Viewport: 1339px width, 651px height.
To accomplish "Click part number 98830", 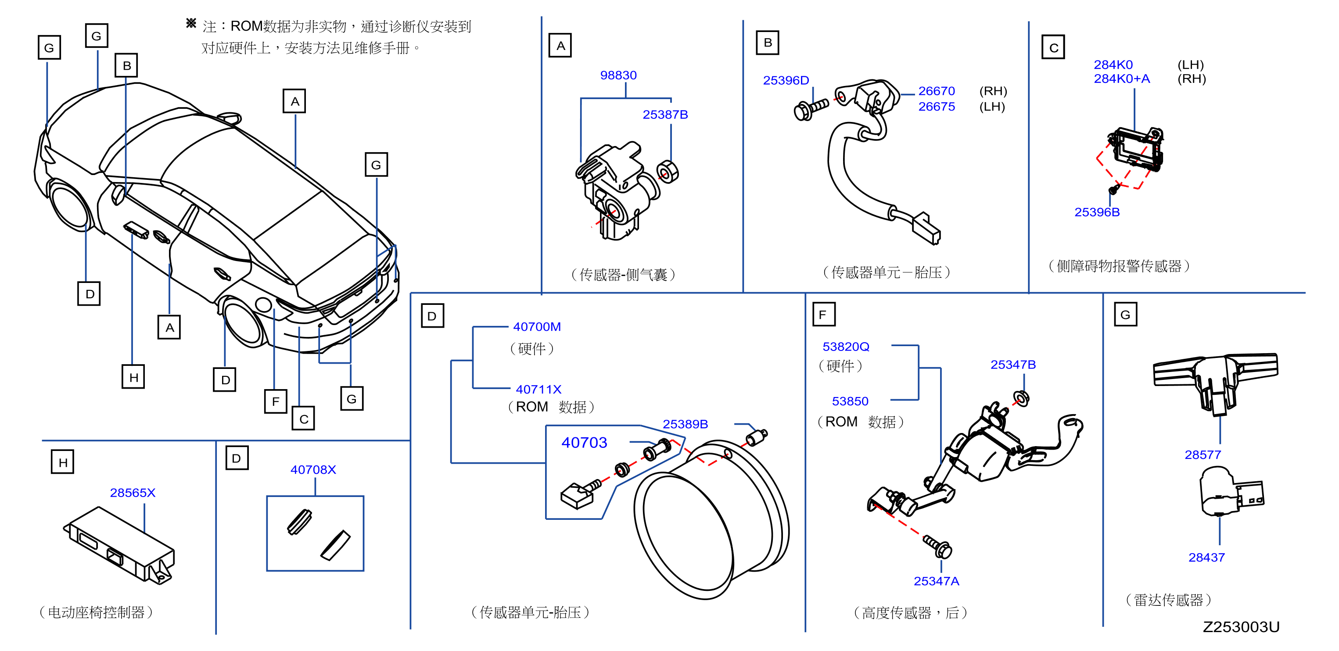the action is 618,75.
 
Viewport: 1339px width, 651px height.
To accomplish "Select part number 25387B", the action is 665,114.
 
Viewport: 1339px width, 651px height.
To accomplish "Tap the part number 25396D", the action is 786,81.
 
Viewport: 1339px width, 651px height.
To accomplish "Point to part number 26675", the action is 936,107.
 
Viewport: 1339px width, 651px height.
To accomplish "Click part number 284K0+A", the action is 1122,79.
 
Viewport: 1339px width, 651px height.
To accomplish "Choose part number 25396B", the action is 1097,212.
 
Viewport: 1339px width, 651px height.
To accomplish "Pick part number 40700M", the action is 536,327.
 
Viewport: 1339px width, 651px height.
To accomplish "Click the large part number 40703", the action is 584,443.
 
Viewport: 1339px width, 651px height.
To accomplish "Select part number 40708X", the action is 313,470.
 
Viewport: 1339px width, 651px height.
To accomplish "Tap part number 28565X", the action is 133,493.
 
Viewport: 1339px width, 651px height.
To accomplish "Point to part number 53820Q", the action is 846,347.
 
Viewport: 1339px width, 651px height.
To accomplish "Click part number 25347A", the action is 936,581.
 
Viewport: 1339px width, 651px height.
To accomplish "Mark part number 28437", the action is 1206,558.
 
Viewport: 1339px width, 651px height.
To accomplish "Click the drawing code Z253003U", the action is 1241,627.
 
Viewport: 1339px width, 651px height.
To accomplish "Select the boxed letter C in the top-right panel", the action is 1053,47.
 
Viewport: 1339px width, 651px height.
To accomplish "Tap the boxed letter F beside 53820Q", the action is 823,315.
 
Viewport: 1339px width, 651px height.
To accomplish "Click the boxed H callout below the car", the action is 133,377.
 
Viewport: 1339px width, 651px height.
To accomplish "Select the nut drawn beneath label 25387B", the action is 668,172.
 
